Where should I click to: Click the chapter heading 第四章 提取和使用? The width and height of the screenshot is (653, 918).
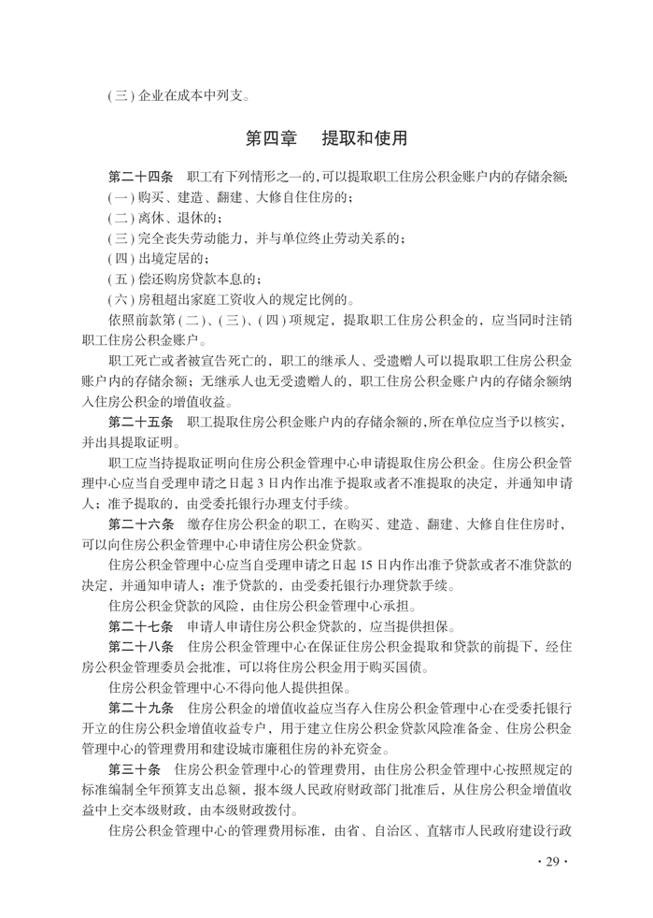pos(326,139)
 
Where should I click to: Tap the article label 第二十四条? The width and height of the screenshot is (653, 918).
pos(141,177)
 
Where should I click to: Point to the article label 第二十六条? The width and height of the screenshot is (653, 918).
pos(141,524)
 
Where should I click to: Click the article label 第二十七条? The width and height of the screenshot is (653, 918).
pos(141,626)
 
